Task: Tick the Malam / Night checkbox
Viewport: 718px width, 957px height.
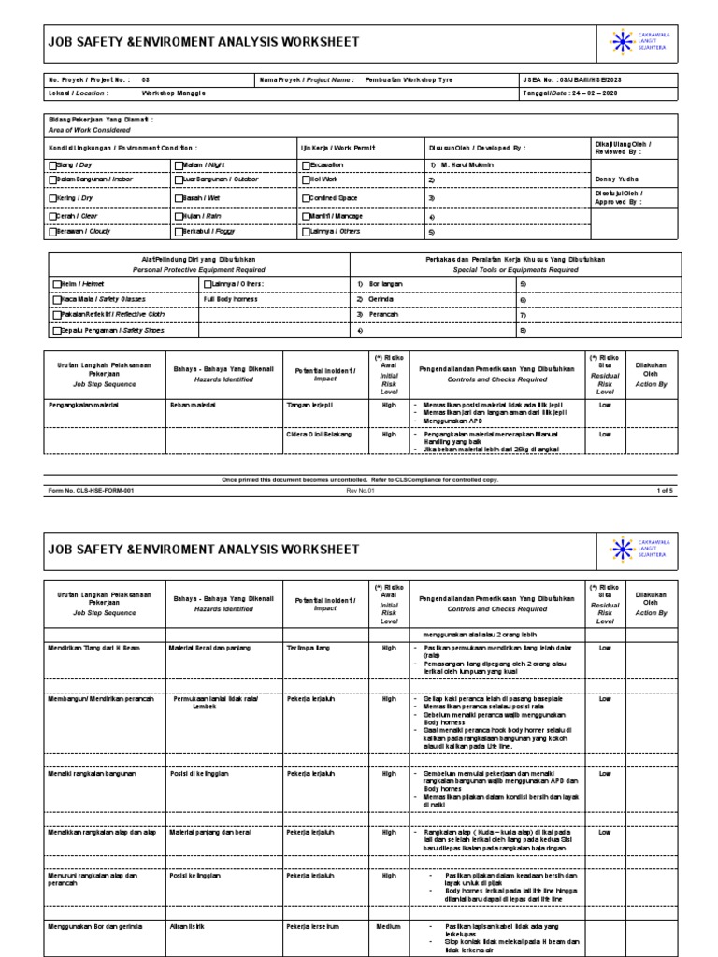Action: point(178,164)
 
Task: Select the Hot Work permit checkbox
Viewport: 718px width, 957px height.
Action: point(305,181)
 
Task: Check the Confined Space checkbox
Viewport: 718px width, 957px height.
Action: point(305,198)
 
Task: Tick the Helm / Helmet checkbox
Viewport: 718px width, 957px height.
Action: point(56,283)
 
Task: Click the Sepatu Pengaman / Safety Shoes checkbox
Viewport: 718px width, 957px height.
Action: point(56,331)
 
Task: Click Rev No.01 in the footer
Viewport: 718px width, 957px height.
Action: point(360,489)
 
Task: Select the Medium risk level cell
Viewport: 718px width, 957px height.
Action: point(389,927)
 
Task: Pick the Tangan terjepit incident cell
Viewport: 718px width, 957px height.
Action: point(310,405)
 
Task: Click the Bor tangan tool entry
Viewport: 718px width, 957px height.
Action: point(382,283)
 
